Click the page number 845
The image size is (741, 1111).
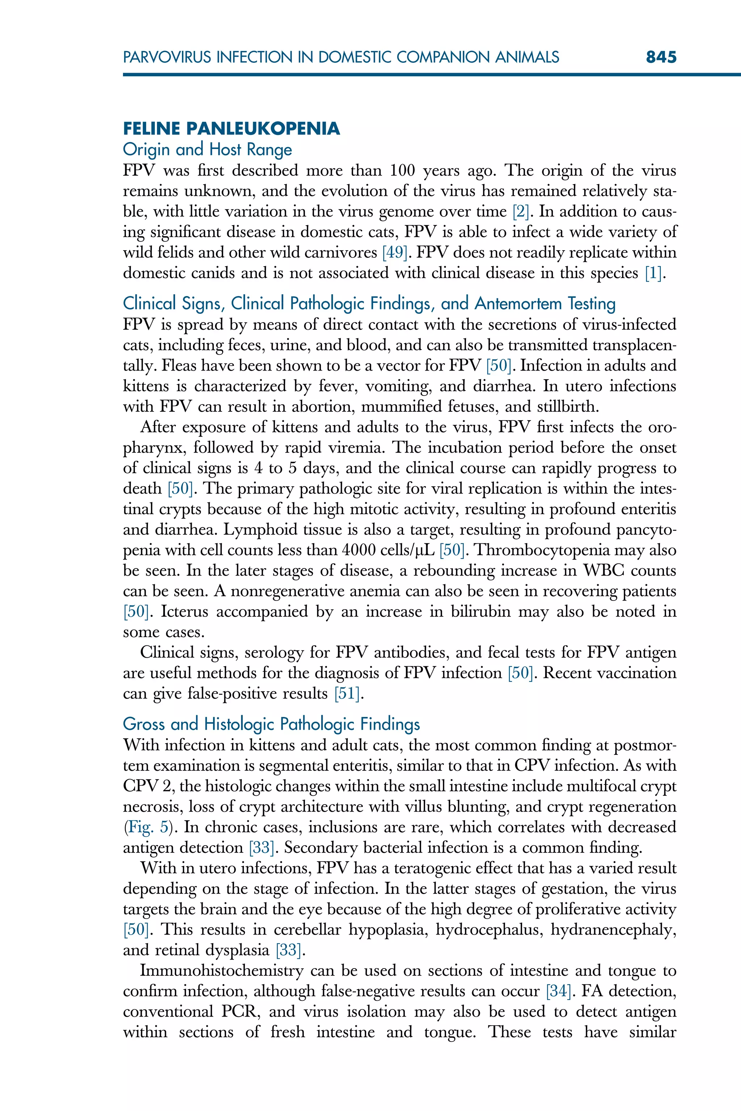click(x=661, y=57)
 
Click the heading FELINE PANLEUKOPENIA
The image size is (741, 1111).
click(x=231, y=128)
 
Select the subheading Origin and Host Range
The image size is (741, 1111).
click(x=207, y=149)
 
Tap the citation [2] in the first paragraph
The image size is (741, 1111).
click(x=521, y=211)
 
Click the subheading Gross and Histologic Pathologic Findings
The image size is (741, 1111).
click(x=271, y=724)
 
